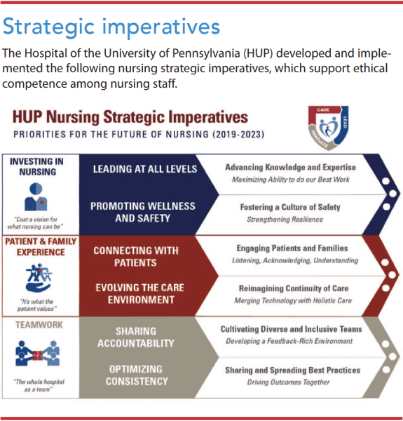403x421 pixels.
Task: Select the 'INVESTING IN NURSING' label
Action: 36,166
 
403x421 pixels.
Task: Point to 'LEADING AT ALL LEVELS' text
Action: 145,169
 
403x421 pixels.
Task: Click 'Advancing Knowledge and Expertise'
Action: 290,168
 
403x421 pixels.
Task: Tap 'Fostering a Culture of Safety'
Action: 290,208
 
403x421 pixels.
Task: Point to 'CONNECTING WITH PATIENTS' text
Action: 136,257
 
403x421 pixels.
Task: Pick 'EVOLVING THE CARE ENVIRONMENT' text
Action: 136,294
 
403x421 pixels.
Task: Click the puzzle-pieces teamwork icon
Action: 36,356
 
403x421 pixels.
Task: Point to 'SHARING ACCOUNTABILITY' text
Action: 135,337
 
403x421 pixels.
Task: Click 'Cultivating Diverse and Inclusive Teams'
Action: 291,329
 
